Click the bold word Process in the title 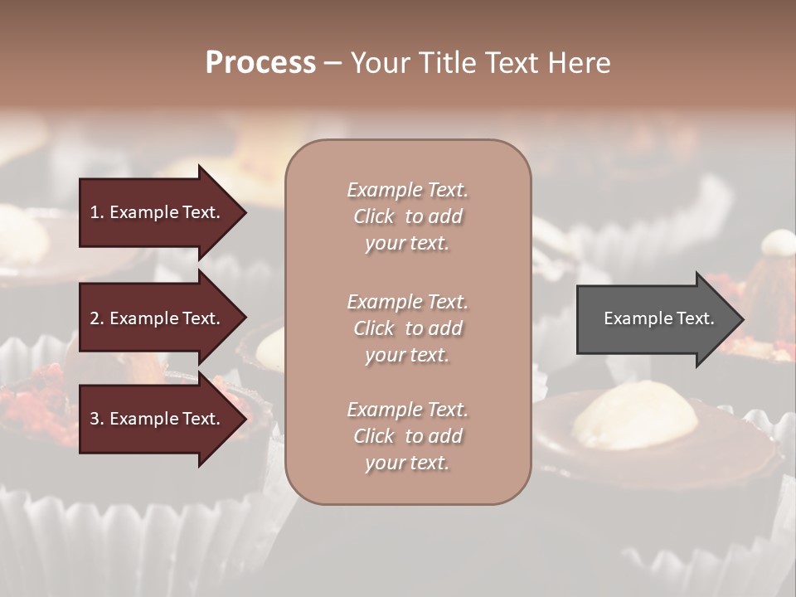point(260,63)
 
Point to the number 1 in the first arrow point(95,212)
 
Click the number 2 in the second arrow point(95,318)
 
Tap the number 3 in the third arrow point(95,419)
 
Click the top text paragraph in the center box point(407,216)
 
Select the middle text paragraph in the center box point(407,328)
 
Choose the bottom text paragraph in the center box point(407,436)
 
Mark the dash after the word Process point(332,64)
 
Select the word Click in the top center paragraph point(374,216)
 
